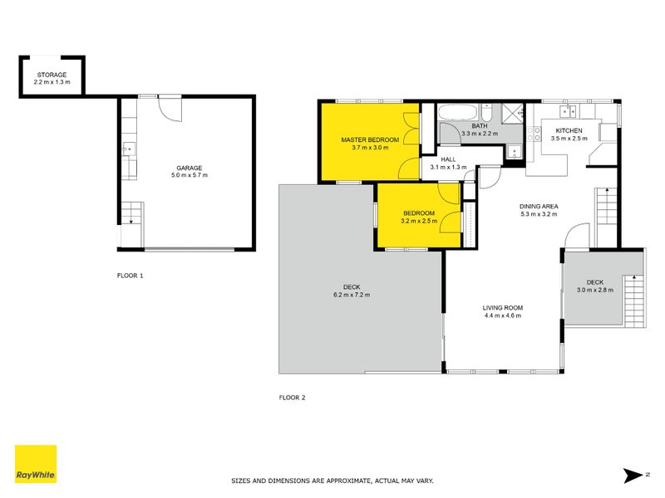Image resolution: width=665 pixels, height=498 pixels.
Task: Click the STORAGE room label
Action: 52,74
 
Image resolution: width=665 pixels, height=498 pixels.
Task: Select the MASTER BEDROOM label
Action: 370,139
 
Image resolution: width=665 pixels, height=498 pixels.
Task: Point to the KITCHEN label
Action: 569,130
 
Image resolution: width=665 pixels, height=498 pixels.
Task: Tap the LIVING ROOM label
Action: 503,307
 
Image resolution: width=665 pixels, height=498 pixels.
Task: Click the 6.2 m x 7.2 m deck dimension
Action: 352,295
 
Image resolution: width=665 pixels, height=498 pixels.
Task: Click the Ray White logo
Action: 36,465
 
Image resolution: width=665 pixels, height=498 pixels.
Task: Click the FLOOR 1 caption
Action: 131,274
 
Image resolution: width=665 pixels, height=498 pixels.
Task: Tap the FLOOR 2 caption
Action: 292,398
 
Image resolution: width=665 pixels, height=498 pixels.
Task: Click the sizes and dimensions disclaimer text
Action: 332,481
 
